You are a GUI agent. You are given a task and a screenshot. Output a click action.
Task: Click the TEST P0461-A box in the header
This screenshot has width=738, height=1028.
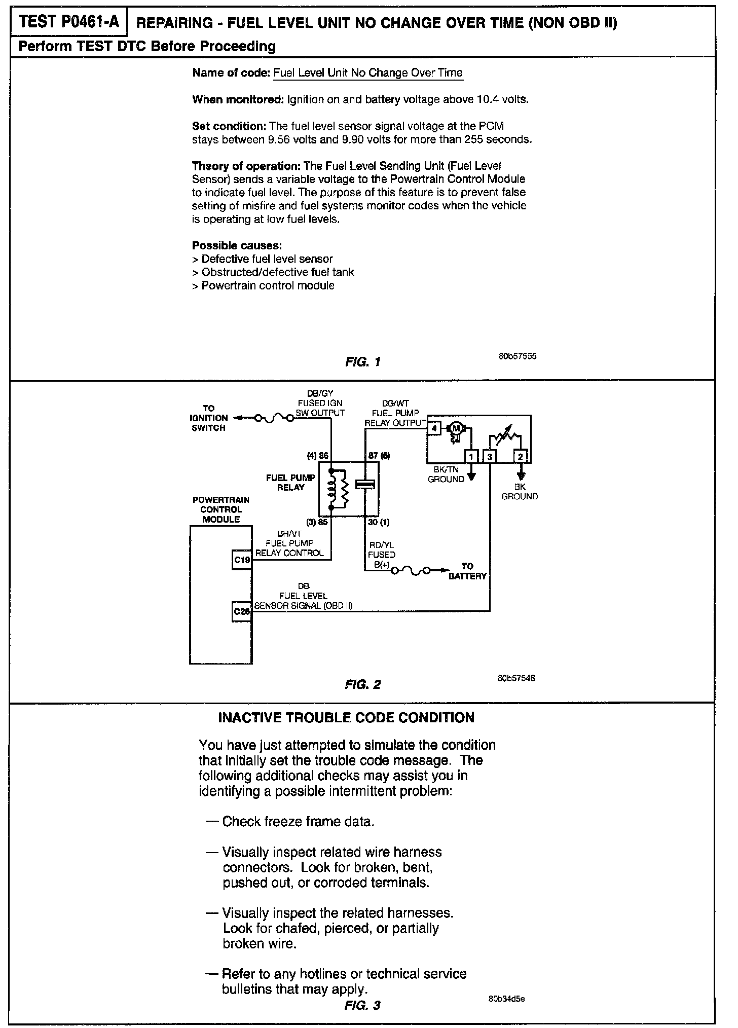(x=69, y=22)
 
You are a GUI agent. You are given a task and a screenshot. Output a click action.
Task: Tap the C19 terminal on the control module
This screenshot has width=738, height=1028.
(x=242, y=560)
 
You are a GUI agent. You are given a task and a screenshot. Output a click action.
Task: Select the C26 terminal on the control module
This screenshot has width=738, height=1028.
(x=242, y=611)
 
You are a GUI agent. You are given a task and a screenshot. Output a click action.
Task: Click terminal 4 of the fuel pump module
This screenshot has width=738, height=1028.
(x=434, y=428)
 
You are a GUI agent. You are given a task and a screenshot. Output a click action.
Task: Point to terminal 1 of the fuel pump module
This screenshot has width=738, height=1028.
(x=471, y=457)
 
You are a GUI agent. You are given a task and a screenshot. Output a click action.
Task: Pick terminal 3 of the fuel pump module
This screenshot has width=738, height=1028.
(x=490, y=457)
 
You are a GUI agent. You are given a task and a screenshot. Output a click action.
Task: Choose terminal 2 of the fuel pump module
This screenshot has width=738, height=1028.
(x=521, y=457)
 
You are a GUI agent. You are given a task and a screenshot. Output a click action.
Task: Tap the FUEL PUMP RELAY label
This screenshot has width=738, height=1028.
(x=290, y=482)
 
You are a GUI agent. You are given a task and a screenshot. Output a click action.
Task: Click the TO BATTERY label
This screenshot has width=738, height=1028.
(x=467, y=571)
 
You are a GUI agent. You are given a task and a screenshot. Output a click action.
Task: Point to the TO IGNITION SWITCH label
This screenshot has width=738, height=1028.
(x=208, y=418)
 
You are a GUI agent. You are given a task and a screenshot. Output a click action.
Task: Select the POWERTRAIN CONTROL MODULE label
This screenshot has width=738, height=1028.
(x=221, y=509)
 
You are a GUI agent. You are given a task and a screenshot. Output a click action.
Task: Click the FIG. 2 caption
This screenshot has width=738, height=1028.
(x=362, y=684)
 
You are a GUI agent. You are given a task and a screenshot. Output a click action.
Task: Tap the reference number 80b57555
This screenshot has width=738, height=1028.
(x=518, y=356)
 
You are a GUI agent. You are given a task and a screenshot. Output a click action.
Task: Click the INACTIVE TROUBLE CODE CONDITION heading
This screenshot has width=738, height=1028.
(x=346, y=717)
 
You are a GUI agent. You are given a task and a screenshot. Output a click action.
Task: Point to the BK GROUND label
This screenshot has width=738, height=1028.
(x=520, y=492)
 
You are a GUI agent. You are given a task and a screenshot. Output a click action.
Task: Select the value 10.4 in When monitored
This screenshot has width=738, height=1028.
(x=487, y=99)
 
